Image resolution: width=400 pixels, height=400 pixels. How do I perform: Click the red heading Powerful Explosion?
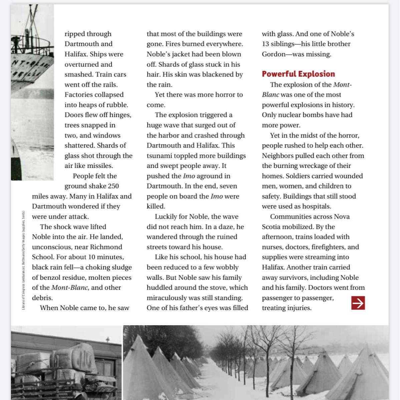point(298,74)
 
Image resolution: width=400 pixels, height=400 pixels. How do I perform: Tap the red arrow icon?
point(358,303)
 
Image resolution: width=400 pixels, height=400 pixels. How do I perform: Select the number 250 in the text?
point(112,186)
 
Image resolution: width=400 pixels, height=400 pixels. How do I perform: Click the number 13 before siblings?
point(266,44)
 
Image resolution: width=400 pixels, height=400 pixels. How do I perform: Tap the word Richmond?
point(106,247)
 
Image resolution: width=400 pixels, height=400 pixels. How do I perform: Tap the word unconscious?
point(52,247)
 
